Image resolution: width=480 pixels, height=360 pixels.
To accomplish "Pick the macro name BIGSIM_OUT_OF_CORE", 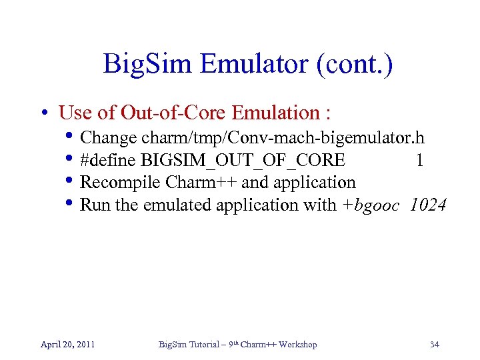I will [243, 161].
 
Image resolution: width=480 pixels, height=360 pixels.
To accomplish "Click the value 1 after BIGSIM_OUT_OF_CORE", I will [419, 161].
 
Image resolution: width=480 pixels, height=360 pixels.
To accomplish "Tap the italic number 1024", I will [428, 205].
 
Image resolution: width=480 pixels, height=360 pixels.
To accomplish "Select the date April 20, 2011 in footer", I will [67, 345].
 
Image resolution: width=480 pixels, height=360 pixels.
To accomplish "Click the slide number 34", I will [434, 345].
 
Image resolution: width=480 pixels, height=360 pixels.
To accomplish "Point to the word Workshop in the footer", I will [297, 345].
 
